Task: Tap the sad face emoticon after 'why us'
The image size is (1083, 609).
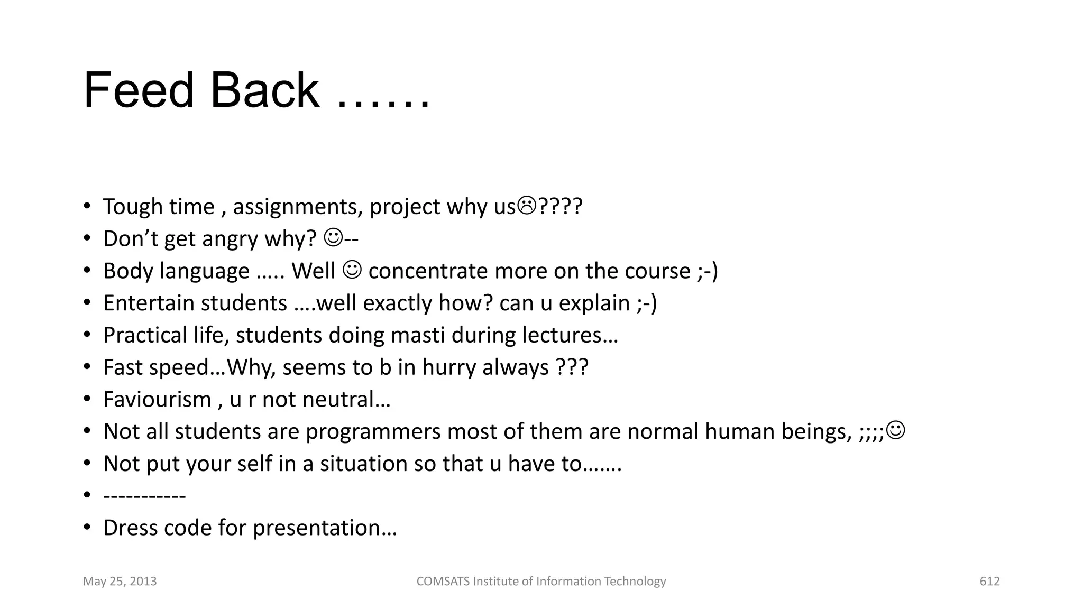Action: point(526,205)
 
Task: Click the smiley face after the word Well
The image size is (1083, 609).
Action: point(352,269)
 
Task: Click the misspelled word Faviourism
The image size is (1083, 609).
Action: point(157,400)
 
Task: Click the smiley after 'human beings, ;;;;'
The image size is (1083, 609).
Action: point(896,430)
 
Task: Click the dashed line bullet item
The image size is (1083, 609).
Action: point(144,496)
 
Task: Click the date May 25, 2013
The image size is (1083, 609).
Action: point(120,582)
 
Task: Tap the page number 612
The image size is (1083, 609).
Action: point(989,582)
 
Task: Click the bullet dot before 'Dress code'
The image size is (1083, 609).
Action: point(87,528)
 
